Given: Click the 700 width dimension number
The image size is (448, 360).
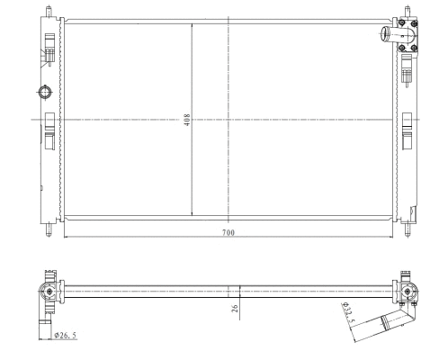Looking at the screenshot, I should pyautogui.click(x=228, y=232).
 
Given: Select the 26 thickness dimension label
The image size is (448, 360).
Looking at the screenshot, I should pyautogui.click(x=234, y=309).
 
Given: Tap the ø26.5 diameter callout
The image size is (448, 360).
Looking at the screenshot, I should pyautogui.click(x=66, y=335).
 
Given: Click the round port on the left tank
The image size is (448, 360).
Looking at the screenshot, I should pyautogui.click(x=44, y=93).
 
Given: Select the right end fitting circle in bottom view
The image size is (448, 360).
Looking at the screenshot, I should pyautogui.click(x=409, y=291).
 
